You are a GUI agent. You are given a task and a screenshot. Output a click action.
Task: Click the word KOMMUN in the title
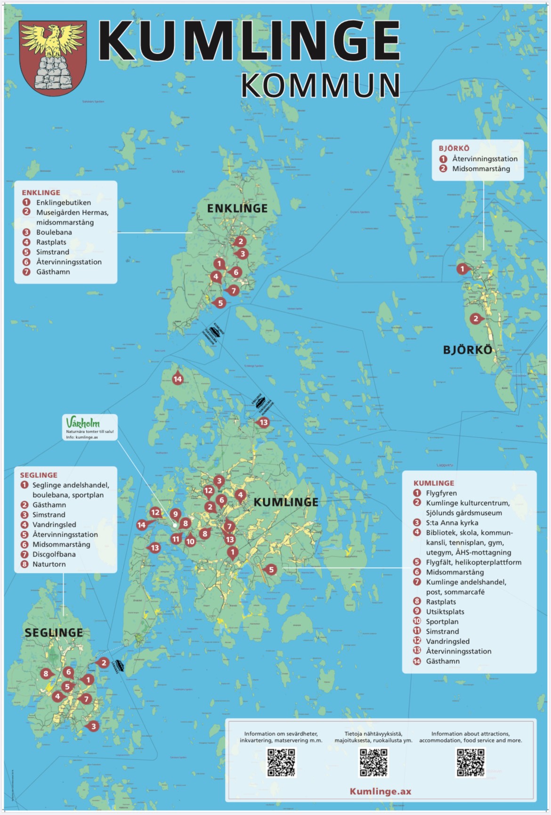(x=320, y=85)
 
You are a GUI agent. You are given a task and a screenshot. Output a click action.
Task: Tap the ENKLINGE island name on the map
(x=237, y=209)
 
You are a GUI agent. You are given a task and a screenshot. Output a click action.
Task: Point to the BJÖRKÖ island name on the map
(x=468, y=350)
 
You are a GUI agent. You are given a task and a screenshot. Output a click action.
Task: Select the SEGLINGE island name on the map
(x=54, y=632)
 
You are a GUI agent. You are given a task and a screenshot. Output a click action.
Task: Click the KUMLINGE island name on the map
(x=286, y=502)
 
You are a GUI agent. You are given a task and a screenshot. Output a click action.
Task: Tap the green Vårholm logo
(x=83, y=422)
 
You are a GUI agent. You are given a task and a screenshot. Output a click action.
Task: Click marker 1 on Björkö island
(x=462, y=269)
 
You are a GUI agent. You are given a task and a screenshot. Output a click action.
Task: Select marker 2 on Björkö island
(x=476, y=319)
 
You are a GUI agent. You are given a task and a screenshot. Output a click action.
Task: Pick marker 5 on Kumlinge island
(x=271, y=570)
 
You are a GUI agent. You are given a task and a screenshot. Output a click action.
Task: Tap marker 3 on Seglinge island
(x=93, y=726)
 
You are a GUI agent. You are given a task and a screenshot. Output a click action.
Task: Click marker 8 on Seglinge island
(x=46, y=674)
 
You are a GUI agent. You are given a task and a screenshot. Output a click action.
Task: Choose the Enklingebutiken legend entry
(x=63, y=202)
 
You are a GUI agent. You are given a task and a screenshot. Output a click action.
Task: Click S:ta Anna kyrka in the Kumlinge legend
(x=452, y=523)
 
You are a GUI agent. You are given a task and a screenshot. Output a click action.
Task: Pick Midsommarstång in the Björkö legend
(x=481, y=169)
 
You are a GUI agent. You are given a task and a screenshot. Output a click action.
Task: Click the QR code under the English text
(x=470, y=762)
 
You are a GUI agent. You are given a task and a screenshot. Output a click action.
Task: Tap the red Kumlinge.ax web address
(x=381, y=791)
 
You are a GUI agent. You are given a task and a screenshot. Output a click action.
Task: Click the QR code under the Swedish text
(x=281, y=762)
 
